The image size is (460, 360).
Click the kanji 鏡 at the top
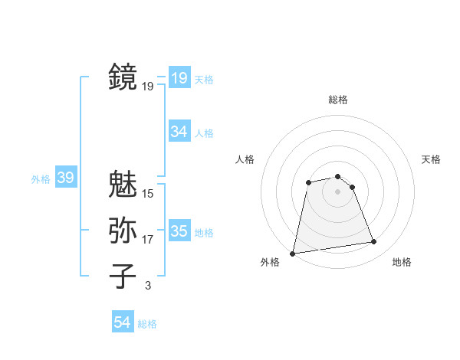pyautogui.click(x=123, y=77)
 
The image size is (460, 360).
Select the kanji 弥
pyautogui.click(x=123, y=230)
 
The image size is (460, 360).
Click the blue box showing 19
pyautogui.click(x=179, y=77)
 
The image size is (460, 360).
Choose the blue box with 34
pyautogui.click(x=179, y=131)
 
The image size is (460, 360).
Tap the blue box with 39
pyautogui.click(x=65, y=178)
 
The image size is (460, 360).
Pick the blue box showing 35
pyautogui.click(x=179, y=231)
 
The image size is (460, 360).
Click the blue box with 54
pyautogui.click(x=123, y=322)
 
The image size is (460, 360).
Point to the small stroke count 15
pyautogui.click(x=148, y=194)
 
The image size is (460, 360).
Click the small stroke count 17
pyautogui.click(x=148, y=240)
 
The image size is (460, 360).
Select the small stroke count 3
pyautogui.click(x=148, y=286)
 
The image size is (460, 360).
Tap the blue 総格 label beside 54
pyautogui.click(x=147, y=324)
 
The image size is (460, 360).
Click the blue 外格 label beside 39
pyautogui.click(x=41, y=179)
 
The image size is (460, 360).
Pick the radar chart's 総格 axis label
pyautogui.click(x=338, y=100)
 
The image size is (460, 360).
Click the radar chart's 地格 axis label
pyautogui.click(x=402, y=262)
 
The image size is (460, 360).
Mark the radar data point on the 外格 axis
pyautogui.click(x=293, y=253)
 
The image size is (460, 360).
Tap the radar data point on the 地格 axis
pyautogui.click(x=374, y=242)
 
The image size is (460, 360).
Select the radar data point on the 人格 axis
pyautogui.click(x=308, y=182)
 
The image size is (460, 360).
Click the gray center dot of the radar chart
pyautogui.click(x=338, y=191)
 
